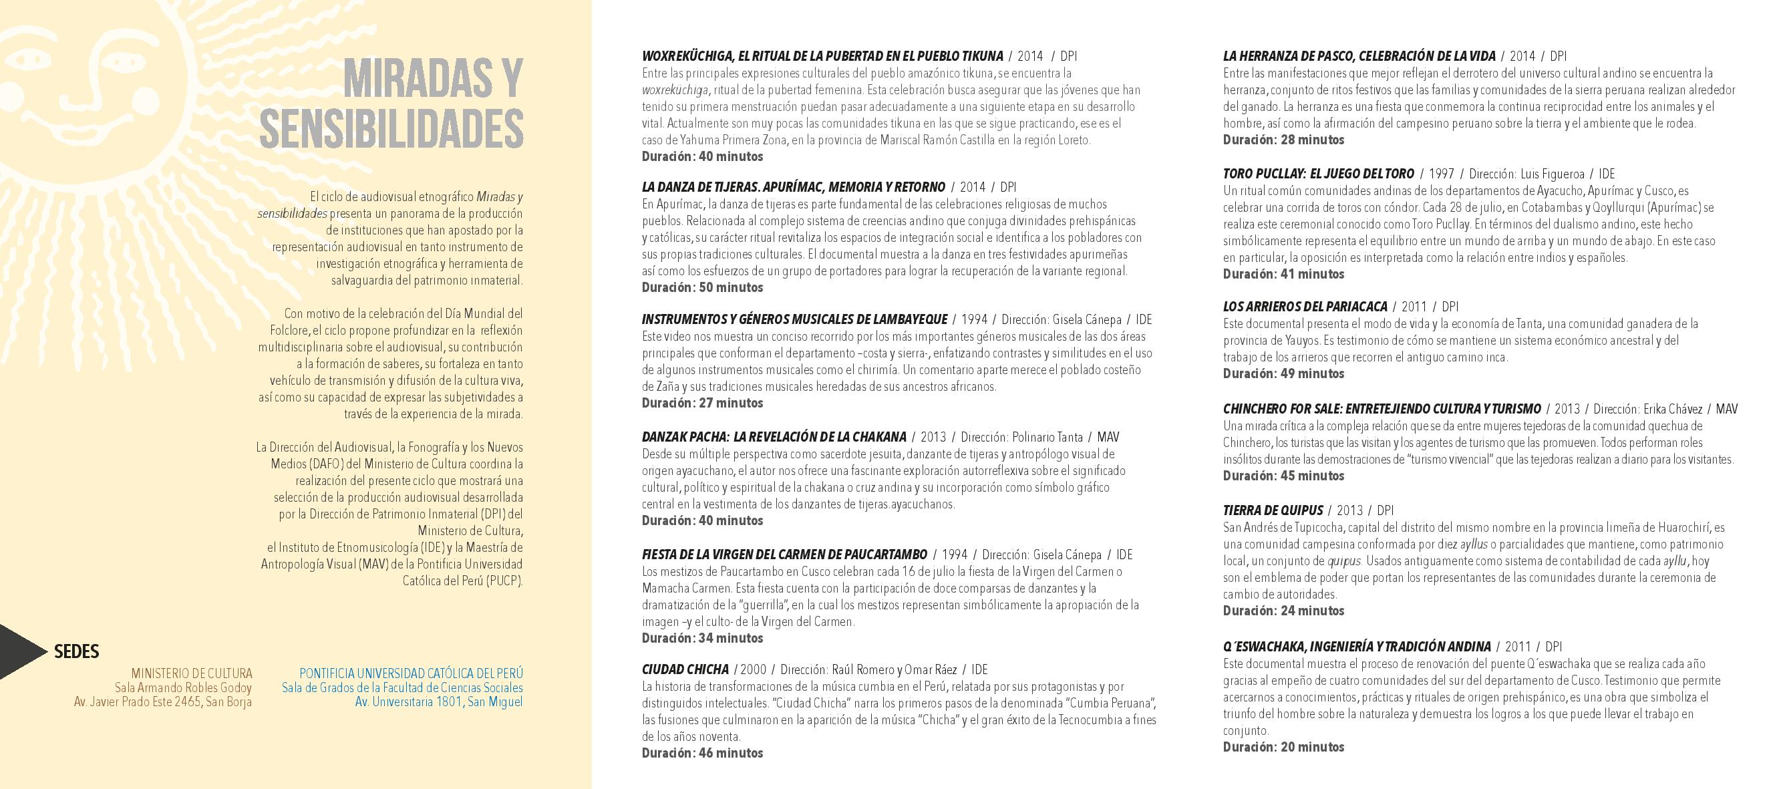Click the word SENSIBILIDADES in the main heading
(391, 128)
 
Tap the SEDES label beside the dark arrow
(76, 652)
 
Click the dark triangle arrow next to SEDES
(19, 652)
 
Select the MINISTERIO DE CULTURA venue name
(192, 673)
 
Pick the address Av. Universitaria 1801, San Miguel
(438, 702)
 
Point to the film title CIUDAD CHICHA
(685, 669)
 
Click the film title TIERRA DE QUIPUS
(1273, 510)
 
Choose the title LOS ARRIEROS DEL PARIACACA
(1305, 307)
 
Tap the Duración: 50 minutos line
(702, 287)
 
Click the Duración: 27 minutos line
(702, 403)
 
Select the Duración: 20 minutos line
(1283, 747)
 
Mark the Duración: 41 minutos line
(1283, 275)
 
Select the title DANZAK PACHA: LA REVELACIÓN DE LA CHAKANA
(774, 437)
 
